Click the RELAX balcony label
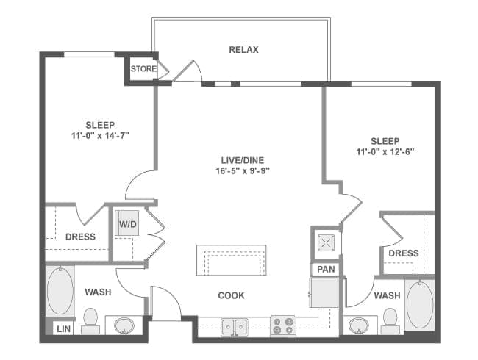pyautogui.click(x=243, y=50)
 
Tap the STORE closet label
pyautogui.click(x=143, y=69)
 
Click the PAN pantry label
pyautogui.click(x=325, y=270)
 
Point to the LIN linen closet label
pyautogui.click(x=64, y=328)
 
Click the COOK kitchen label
pyautogui.click(x=231, y=295)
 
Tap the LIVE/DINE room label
pyautogui.click(x=243, y=159)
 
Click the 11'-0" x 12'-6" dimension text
pyautogui.click(x=385, y=152)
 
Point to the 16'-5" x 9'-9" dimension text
pyautogui.click(x=243, y=170)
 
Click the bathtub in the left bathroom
pyautogui.click(x=60, y=289)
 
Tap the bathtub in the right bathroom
pyautogui.click(x=419, y=303)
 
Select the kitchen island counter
pyautogui.click(x=231, y=259)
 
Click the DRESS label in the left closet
pyautogui.click(x=80, y=237)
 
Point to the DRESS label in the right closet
pyautogui.click(x=403, y=253)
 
